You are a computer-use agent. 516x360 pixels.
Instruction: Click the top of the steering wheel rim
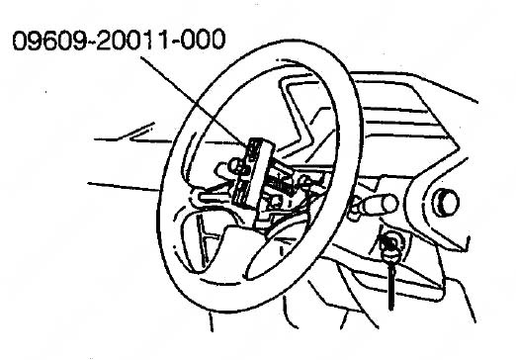pyautogui.click(x=287, y=61)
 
